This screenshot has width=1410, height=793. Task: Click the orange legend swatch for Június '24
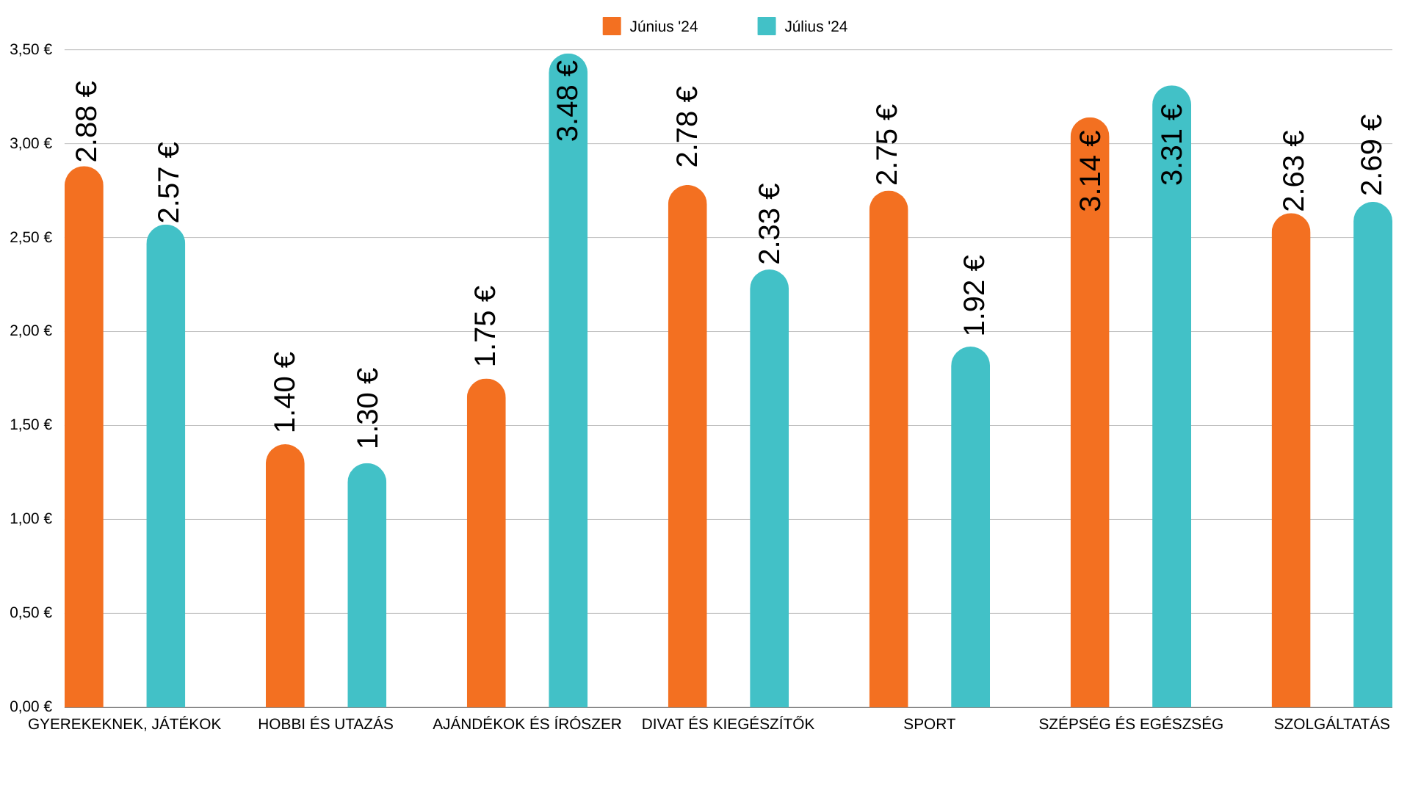[x=612, y=26]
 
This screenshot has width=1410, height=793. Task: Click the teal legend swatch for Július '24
[x=767, y=26]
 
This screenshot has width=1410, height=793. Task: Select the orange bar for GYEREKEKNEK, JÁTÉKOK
[x=84, y=441]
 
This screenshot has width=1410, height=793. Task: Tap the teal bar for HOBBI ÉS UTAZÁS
[x=366, y=587]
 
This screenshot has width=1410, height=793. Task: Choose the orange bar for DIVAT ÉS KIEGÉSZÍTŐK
[x=687, y=448]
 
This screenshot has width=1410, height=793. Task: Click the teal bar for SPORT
[x=970, y=529]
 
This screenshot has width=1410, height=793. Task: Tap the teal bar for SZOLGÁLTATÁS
[x=1373, y=455]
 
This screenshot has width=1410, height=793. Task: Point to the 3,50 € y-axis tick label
[x=31, y=49]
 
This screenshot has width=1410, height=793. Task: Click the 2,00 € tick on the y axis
[x=31, y=331]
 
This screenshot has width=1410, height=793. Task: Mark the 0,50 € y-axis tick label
[x=31, y=612]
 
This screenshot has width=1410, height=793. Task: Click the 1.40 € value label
[x=284, y=392]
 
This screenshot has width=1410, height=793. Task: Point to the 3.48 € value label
[x=568, y=101]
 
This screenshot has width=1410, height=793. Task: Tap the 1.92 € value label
[x=974, y=295]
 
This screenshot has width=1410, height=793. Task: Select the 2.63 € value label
[x=1293, y=170]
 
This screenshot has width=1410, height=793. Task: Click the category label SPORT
[x=929, y=724]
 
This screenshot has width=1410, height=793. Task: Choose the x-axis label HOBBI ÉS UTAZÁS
[x=325, y=724]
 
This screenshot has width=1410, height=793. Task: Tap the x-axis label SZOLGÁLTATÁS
[x=1331, y=724]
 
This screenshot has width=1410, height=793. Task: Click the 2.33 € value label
[x=769, y=224]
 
